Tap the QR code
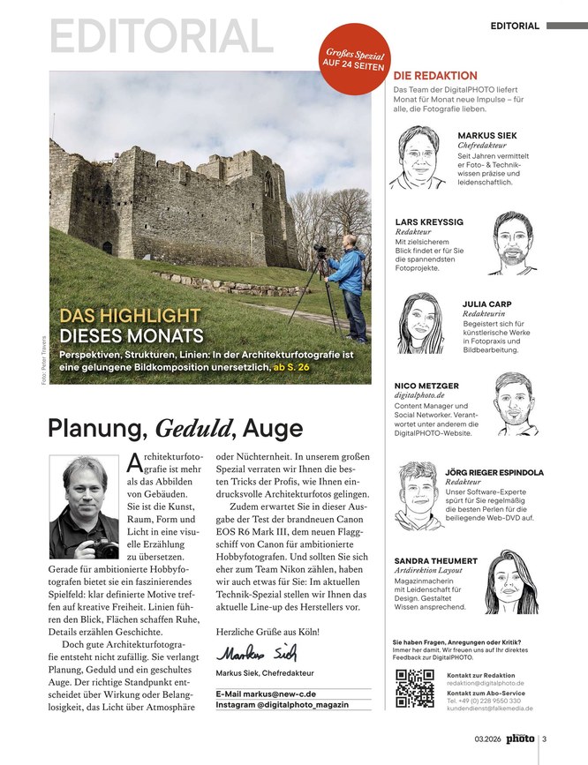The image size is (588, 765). pyautogui.click(x=415, y=689)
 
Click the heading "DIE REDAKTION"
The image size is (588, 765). pyautogui.click(x=434, y=76)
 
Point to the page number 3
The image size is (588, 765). pyautogui.click(x=545, y=739)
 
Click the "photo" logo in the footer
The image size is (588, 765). pyautogui.click(x=520, y=739)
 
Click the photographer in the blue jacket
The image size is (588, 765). pyautogui.click(x=351, y=282)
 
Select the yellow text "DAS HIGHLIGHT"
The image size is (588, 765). pyautogui.click(x=129, y=316)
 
